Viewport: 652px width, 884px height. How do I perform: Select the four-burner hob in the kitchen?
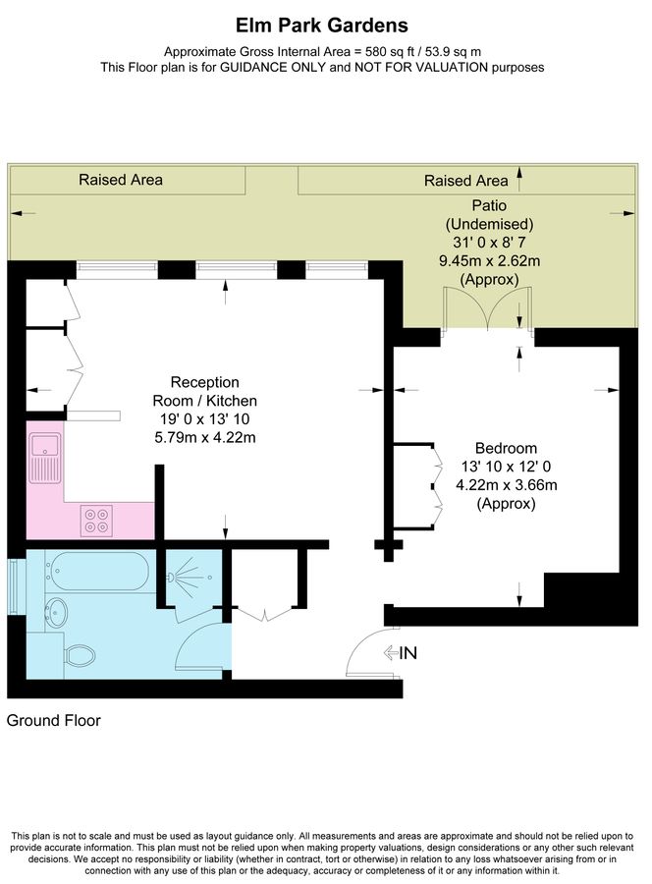click(x=98, y=518)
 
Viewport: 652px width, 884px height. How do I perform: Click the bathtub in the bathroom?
click(x=97, y=571)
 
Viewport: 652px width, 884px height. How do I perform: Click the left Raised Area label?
click(x=121, y=180)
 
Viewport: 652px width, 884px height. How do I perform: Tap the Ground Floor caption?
click(x=54, y=720)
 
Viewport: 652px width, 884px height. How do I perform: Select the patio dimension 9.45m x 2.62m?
click(x=489, y=260)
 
